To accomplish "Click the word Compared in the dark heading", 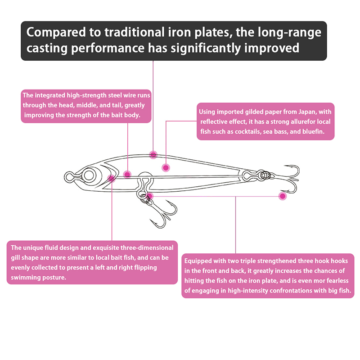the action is coord(56,32).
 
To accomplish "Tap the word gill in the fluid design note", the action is coord(15,258).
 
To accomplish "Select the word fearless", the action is coord(337,280).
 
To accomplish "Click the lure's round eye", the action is coord(89,175).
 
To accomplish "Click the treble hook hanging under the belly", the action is coord(161,212).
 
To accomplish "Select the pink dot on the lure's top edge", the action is coord(153,155).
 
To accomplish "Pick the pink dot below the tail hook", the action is coord(283,196).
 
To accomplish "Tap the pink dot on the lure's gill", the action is coord(111,178).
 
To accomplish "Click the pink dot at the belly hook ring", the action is coord(150,196).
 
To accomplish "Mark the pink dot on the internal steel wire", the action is coord(127,175).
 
